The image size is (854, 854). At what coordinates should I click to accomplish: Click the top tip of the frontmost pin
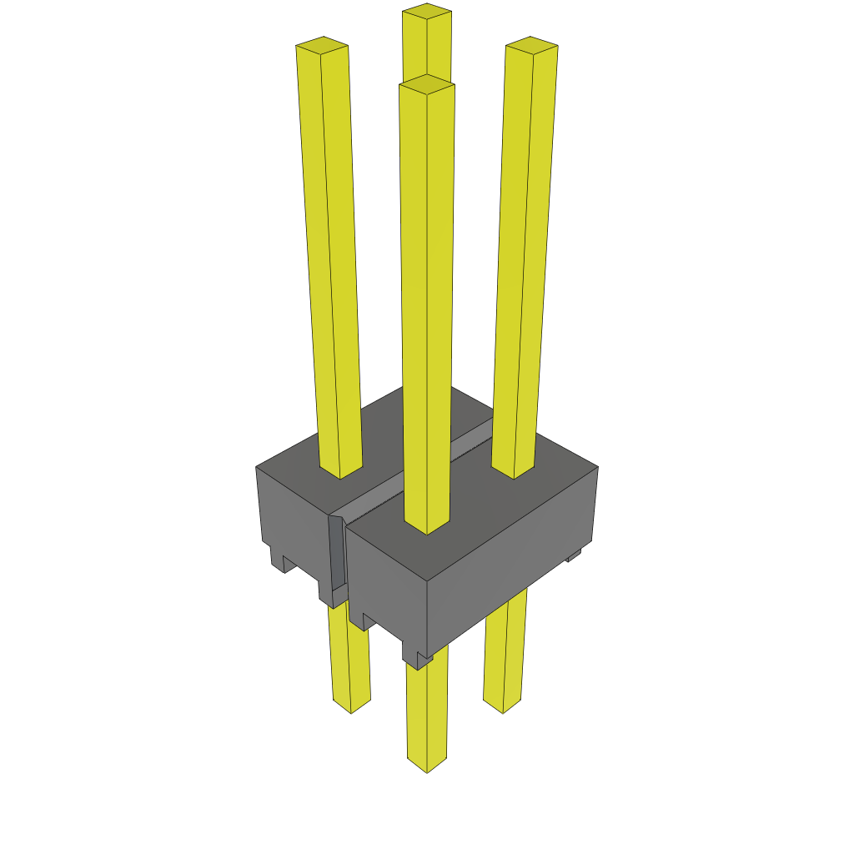click(427, 83)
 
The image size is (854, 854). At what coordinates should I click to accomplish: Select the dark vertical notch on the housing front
click(336, 555)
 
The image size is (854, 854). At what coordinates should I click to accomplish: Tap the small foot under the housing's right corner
click(574, 555)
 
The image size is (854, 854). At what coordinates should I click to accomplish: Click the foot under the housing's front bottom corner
click(418, 659)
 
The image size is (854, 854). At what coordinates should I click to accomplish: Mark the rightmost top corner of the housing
click(597, 467)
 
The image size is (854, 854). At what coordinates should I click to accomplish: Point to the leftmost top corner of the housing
click(256, 467)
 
